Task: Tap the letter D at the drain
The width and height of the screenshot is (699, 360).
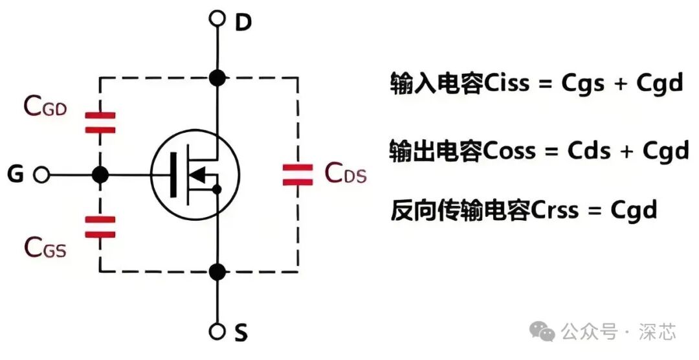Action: point(243,23)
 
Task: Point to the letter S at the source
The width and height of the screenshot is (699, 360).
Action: point(241,333)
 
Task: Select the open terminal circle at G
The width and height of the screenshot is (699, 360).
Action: point(42,174)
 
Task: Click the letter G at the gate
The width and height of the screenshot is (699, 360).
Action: point(16,174)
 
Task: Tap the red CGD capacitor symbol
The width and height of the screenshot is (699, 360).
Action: point(100,122)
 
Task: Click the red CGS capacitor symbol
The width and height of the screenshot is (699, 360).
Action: point(100,227)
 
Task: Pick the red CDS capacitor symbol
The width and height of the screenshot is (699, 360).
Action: point(298,174)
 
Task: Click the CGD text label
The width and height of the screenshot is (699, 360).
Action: point(45,107)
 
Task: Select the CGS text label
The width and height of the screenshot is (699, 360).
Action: point(45,247)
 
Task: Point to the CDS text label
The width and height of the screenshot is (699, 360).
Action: point(346,174)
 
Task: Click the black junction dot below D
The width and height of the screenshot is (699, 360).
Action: point(218,78)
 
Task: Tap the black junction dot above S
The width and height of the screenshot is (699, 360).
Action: point(218,272)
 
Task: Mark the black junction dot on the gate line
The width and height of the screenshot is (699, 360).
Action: point(100,174)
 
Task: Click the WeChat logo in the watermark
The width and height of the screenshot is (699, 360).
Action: point(542,332)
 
